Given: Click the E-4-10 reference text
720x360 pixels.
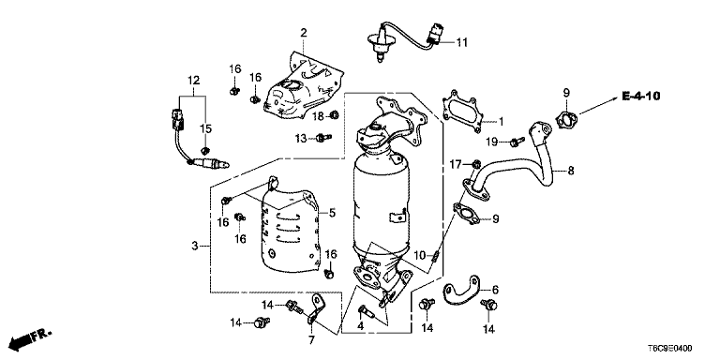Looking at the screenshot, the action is [641, 97].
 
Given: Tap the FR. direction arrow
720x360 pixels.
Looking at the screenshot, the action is [30, 338].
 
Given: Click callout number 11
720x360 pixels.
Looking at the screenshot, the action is [461, 43].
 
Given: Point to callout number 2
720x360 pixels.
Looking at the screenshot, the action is [304, 33].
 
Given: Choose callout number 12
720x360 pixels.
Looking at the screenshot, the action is [193, 81].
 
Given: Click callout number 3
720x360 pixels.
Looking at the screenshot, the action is [195, 247].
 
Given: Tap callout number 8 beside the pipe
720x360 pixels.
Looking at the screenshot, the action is [570, 171].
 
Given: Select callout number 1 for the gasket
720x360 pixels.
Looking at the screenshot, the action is [501, 122].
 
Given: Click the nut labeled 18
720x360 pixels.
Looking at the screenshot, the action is [335, 114].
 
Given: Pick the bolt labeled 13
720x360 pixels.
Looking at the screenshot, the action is [323, 137].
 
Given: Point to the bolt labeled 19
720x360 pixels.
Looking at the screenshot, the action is [517, 142].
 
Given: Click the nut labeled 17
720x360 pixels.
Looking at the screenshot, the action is [476, 163].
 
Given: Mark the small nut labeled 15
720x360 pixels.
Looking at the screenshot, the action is [205, 150].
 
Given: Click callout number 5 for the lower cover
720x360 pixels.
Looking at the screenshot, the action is [332, 213].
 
